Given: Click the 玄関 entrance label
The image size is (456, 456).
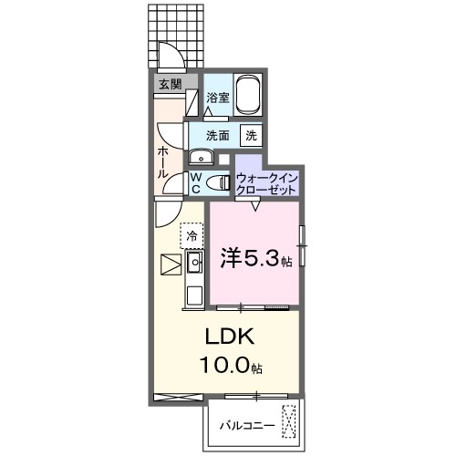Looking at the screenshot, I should click(x=170, y=85).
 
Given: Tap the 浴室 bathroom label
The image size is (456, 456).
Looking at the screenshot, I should click(x=217, y=98).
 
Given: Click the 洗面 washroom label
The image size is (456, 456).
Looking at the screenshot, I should click(x=217, y=135).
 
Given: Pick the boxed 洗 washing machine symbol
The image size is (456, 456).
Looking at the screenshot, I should click(x=250, y=135).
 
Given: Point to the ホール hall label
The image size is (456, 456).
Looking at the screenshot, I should click(x=162, y=161).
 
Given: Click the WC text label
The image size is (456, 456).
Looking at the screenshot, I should click(x=195, y=182).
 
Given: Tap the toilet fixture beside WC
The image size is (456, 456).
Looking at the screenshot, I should click(x=218, y=182).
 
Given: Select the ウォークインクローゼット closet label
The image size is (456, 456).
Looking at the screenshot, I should click(x=265, y=183).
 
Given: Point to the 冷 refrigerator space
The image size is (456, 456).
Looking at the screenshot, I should click(x=192, y=236).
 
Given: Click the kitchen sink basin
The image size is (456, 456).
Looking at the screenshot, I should click(x=194, y=264).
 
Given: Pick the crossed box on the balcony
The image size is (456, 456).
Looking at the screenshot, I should click(x=289, y=421).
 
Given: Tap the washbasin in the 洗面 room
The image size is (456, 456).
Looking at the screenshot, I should click(x=199, y=154).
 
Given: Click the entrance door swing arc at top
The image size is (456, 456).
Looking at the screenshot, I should click(x=168, y=55).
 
